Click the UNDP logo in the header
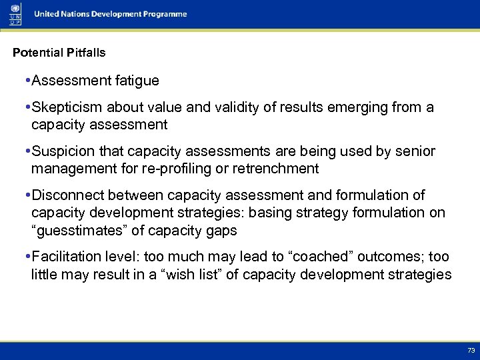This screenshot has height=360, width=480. [x=15, y=13]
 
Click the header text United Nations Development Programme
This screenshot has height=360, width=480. [x=111, y=14]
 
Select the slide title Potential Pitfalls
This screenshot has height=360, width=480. [x=59, y=52]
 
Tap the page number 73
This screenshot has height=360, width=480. [x=471, y=350]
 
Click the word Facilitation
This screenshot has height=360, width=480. [x=68, y=257]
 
